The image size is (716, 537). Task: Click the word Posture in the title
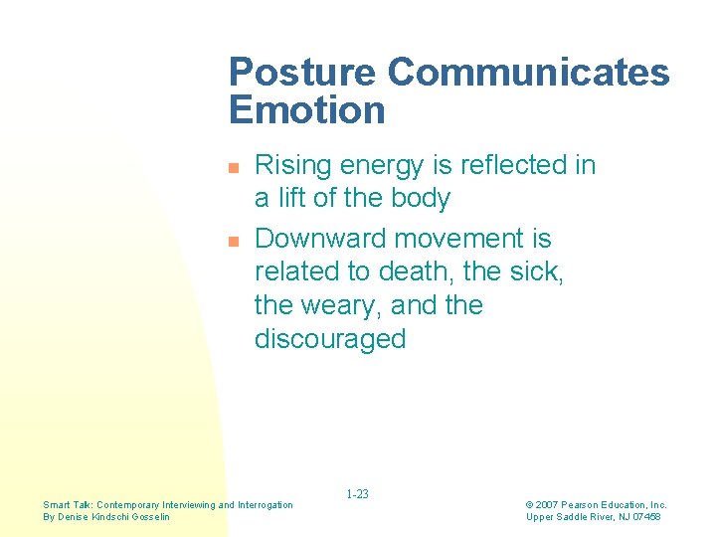tap(301, 73)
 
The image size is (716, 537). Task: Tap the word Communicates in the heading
tap(528, 73)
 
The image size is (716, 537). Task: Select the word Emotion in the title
tap(306, 109)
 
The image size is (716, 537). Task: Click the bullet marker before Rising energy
tap(234, 168)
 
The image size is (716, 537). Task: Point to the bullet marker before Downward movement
tap(234, 242)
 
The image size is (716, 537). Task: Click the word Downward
tap(320, 239)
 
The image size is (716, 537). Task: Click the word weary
tap(345, 305)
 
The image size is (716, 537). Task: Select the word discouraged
tap(330, 339)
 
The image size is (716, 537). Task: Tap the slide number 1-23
tap(357, 494)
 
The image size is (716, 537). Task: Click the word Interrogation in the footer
tap(266, 505)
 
